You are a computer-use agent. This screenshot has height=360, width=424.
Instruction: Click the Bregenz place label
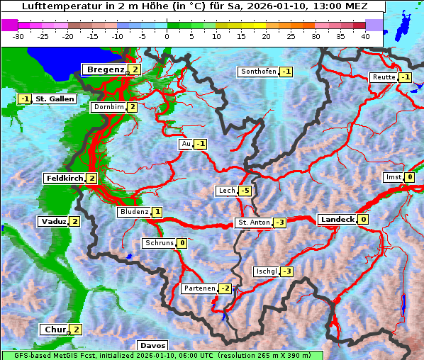pos(105,69)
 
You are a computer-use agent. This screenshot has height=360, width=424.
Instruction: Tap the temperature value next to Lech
pos(245,191)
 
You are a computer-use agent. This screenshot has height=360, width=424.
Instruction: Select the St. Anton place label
pos(253,223)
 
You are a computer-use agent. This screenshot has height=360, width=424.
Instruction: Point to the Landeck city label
pos(337,220)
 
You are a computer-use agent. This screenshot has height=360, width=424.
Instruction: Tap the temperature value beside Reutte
pos(406,77)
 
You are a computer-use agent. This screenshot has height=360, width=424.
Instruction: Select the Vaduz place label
pos(54,221)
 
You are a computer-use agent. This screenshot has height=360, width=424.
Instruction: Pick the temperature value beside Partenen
pos(225,288)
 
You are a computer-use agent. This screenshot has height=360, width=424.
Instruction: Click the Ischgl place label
pos(266,271)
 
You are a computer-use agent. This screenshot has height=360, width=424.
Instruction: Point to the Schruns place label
pos(159,243)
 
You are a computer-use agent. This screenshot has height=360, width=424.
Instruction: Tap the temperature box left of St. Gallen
pos(25,99)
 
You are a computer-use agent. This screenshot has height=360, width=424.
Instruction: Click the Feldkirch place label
pos(65,178)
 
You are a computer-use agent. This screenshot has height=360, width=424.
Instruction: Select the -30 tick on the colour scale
pos(18,35)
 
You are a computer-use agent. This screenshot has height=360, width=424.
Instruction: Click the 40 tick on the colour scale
pos(365,35)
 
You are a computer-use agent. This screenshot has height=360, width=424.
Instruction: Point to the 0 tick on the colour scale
pos(167,35)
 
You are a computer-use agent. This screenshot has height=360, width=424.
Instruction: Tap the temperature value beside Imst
pos(410,177)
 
